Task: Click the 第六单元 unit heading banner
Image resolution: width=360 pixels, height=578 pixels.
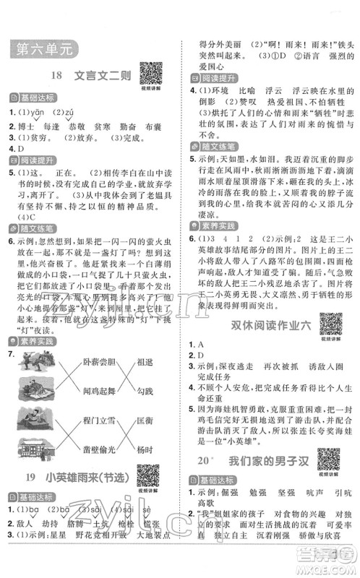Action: (x=43, y=50)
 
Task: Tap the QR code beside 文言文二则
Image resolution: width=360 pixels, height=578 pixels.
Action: (x=150, y=74)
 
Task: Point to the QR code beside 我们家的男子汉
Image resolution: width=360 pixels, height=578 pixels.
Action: (x=329, y=458)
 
